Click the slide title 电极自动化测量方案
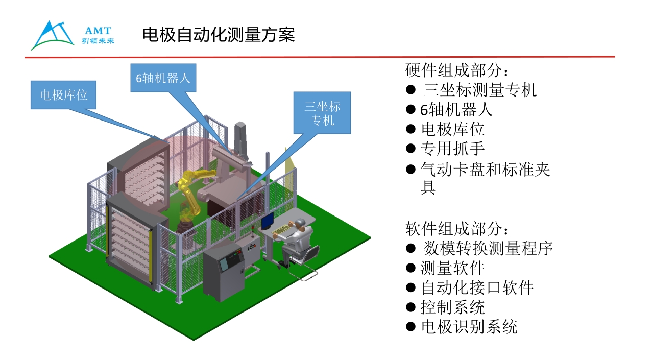(219, 35)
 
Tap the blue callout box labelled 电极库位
(63, 95)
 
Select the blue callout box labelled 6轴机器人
(163, 78)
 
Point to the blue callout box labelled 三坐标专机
(322, 113)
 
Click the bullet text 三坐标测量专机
(479, 90)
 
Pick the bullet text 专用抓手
(452, 148)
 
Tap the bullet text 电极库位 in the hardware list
(452, 129)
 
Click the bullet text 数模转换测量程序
(488, 248)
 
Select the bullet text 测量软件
(452, 268)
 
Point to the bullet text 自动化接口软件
(477, 287)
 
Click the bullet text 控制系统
(452, 307)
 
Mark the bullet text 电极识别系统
(469, 327)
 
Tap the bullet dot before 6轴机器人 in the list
(410, 109)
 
